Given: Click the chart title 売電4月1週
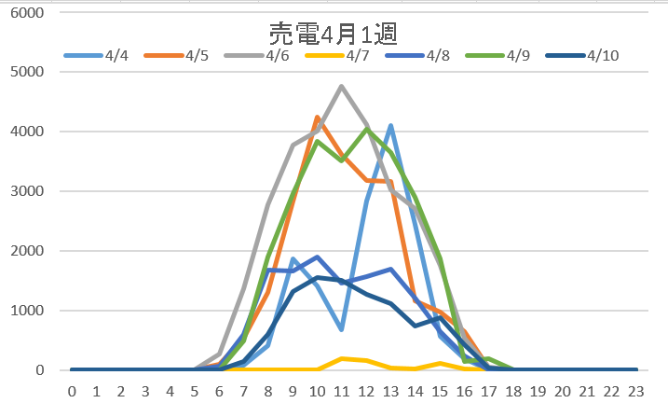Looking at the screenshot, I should pos(334,35).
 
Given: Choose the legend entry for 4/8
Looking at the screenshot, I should pos(437,55).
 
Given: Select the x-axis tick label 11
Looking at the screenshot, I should pos(342,391).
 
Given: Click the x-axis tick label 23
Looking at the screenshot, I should pos(636,391).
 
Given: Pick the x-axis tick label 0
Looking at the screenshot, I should pos(72,391).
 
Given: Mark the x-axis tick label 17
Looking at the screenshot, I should pos(489,391).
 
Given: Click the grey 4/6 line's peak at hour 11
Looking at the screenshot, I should pos(342,87).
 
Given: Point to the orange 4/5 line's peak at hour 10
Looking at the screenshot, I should pos(318,118).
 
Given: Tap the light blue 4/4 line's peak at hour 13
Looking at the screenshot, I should pos(391,126).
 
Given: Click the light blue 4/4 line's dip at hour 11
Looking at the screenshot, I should pos(342,329).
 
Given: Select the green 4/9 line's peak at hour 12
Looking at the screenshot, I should pos(367,130).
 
